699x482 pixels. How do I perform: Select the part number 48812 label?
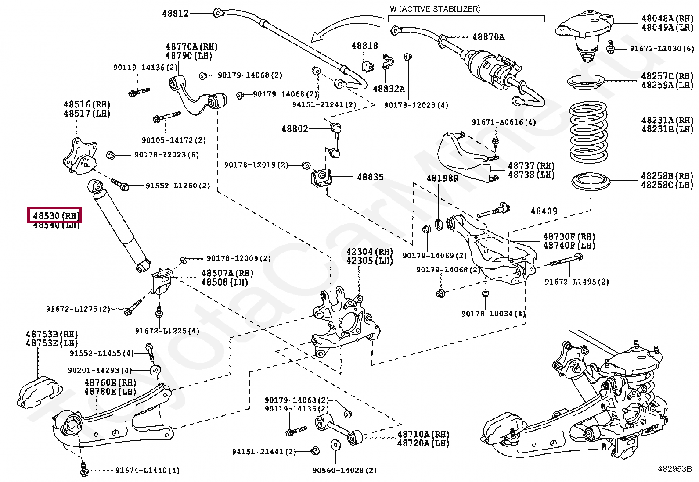tap(175, 13)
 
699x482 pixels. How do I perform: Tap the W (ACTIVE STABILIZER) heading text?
tap(435, 9)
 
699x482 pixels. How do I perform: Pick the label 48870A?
tap(488, 37)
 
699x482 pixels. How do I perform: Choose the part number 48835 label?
tap(370, 177)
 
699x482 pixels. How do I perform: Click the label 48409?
tap(544, 211)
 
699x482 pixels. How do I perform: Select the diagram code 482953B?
tap(674, 468)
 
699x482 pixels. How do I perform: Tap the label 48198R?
tap(443, 178)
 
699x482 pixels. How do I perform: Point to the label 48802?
tap(295, 129)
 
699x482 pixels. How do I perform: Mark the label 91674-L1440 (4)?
tap(148, 471)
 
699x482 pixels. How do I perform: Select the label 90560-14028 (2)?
tap(345, 471)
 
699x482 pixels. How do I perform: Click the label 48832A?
tap(389, 89)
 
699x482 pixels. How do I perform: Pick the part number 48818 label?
tap(364, 46)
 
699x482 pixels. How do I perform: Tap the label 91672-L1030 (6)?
tap(662, 49)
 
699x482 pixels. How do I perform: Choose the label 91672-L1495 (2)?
tap(577, 282)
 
